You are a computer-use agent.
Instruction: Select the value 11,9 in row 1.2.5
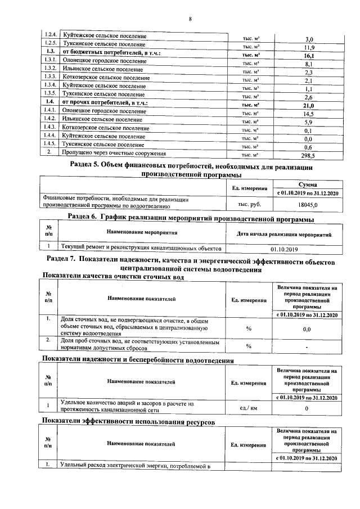[x=308, y=48]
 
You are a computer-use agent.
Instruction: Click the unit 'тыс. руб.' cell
[x=249, y=205]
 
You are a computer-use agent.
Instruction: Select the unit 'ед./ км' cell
[x=249, y=407]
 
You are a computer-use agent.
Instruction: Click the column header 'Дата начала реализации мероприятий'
[x=284, y=233]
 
